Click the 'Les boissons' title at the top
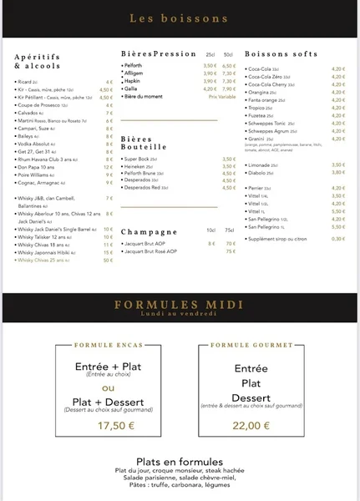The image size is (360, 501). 180,17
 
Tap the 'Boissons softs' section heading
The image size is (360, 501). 281,54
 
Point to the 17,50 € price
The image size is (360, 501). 116,425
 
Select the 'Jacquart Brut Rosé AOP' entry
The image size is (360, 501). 155,250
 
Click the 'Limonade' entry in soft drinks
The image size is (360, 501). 261,164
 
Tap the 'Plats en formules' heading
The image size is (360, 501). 180,462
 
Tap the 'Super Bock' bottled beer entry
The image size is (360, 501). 140,158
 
